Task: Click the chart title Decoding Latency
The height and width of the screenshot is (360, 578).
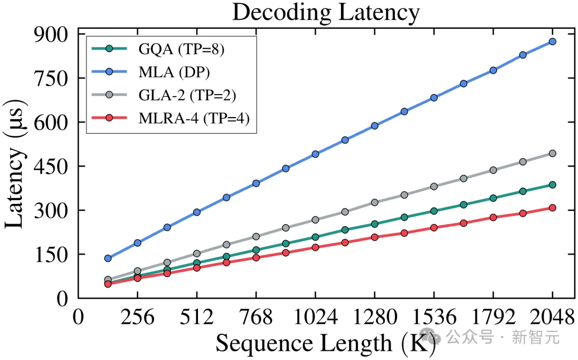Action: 325,13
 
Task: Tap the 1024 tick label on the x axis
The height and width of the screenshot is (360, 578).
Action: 315,318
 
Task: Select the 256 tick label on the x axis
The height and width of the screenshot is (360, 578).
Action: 138,318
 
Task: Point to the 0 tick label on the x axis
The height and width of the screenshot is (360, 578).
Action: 79,318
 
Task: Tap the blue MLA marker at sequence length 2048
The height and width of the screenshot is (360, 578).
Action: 552,41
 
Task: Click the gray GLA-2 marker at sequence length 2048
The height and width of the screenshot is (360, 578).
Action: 552,154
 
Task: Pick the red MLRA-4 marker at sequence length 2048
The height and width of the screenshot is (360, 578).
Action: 552,208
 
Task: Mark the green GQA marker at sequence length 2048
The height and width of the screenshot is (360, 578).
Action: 552,185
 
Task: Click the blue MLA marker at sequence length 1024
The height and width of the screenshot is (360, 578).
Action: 315,154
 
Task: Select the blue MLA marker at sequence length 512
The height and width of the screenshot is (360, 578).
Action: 197,212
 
